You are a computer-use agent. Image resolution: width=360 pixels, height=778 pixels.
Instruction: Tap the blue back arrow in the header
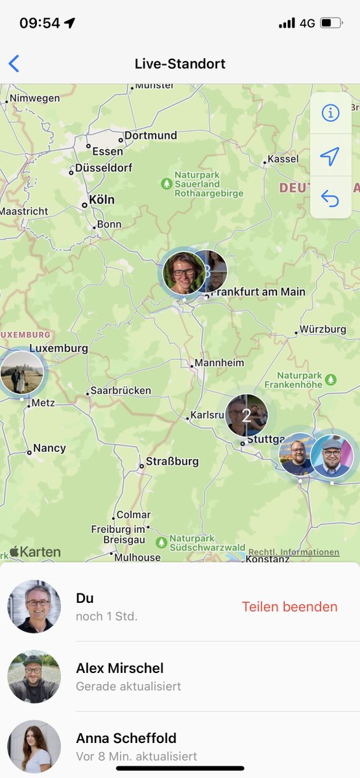click(x=14, y=64)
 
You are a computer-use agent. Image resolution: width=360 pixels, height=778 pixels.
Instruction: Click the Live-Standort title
click(x=180, y=64)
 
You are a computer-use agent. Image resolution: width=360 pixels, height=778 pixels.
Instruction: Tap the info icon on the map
click(x=330, y=113)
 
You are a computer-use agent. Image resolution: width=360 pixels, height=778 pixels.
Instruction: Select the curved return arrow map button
click(x=330, y=198)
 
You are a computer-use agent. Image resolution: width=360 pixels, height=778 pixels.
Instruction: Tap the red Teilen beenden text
click(x=289, y=607)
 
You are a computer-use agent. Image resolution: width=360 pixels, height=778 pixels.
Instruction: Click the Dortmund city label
click(x=150, y=136)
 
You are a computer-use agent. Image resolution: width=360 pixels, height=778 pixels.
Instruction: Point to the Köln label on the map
click(x=101, y=200)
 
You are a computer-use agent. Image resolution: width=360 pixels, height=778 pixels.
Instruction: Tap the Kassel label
click(x=283, y=159)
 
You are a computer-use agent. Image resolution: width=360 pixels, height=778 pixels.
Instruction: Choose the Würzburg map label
click(x=323, y=329)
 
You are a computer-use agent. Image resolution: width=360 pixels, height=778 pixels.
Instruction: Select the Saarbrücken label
click(x=120, y=391)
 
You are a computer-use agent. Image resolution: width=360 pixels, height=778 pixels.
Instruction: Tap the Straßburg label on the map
click(x=172, y=462)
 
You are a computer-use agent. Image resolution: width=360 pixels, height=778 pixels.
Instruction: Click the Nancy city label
click(x=49, y=448)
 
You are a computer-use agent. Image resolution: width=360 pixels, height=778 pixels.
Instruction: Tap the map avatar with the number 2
click(x=246, y=414)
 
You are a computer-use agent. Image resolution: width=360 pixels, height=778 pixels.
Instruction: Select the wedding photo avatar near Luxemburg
click(x=22, y=373)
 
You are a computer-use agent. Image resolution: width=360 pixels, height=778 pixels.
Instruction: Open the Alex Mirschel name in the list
click(x=119, y=668)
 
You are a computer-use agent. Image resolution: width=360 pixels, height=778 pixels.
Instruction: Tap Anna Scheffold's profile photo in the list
click(x=34, y=746)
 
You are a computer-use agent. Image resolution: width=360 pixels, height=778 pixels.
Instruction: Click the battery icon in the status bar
click(x=331, y=23)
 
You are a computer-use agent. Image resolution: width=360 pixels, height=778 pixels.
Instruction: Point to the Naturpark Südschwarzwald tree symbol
click(x=161, y=541)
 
